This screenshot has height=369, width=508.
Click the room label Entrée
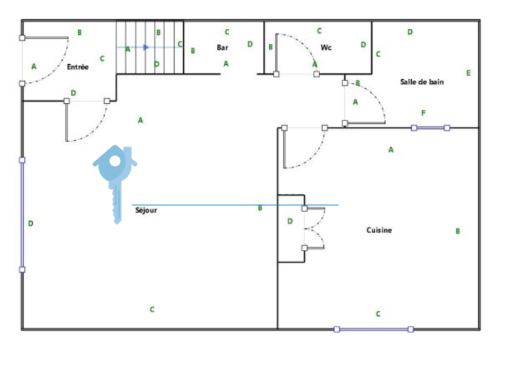78,67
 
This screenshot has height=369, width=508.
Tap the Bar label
223,48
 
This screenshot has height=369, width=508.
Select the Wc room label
326,48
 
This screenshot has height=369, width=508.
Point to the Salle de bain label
422,82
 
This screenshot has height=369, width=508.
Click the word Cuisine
379,230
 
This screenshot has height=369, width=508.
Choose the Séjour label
146,211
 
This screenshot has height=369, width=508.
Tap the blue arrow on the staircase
146,47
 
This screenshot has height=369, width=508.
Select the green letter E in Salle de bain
468,73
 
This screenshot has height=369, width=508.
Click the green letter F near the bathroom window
423,113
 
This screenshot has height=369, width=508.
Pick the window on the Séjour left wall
22,215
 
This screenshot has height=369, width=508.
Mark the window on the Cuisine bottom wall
374,330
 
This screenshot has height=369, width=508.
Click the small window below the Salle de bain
430,128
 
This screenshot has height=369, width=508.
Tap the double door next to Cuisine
314,228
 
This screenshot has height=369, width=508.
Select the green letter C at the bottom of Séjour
152,309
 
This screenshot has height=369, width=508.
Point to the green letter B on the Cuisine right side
458,231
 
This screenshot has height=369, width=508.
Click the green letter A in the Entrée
33,66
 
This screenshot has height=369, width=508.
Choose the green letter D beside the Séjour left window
31,223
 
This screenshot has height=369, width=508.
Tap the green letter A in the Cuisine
391,150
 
